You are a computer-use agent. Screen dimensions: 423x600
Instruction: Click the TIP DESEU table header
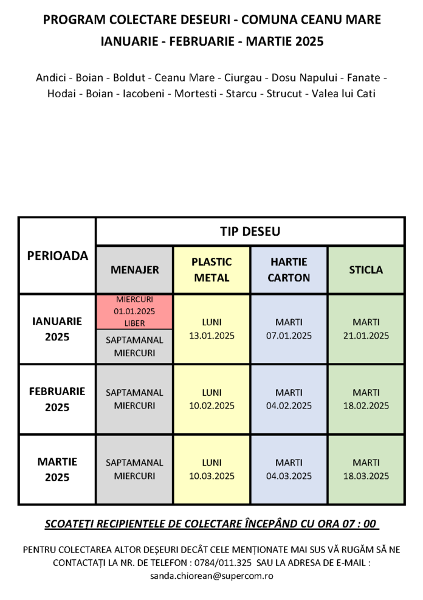coord(250,232)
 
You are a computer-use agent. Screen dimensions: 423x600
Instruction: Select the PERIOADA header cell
coord(57,256)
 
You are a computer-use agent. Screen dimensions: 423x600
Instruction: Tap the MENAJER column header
coord(134,270)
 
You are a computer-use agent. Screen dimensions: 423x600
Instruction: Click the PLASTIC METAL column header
coord(211,270)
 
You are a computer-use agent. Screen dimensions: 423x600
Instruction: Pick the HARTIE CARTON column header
coord(289,270)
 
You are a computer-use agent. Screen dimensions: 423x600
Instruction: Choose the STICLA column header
coord(366,270)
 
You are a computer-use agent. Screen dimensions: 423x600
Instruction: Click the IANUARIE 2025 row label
coord(57,329)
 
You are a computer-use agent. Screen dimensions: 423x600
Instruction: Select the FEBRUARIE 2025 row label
coord(57,399)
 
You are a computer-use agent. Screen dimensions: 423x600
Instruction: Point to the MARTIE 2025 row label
coord(57,469)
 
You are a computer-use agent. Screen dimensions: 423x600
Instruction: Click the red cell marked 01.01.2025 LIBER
coord(134,311)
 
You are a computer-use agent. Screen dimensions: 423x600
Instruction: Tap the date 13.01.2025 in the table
coord(211,335)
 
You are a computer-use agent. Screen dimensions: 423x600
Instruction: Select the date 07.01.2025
coord(289,335)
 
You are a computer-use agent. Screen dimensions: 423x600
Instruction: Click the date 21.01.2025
coord(366,335)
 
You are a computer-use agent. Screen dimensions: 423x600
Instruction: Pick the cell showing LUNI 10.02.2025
coord(211,399)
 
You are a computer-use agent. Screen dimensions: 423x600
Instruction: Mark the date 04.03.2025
coord(289,476)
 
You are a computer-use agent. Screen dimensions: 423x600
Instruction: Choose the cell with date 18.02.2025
coord(366,405)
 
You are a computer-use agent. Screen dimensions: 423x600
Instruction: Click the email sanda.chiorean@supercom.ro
coord(211,574)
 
